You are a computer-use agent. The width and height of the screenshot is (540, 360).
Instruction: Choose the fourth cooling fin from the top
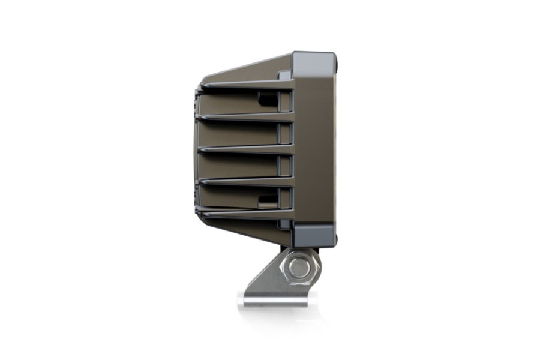point(246,181)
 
